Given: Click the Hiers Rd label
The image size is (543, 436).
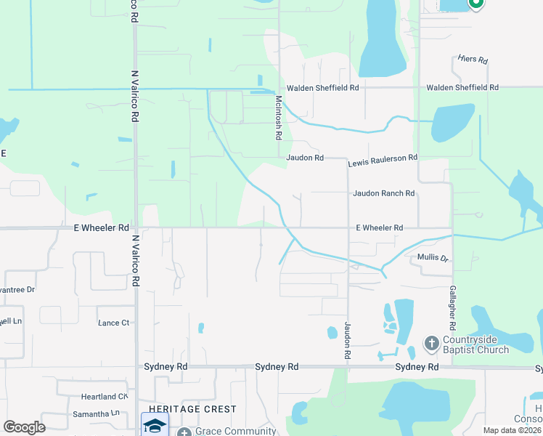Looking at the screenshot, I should [x=473, y=60].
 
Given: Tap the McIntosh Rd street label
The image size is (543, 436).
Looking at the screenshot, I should [x=277, y=117].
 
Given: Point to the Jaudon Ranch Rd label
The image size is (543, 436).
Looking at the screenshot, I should [x=383, y=193].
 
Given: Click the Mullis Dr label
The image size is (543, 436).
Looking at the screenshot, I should [x=433, y=258].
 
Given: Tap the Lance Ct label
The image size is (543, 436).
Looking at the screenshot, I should [x=114, y=322].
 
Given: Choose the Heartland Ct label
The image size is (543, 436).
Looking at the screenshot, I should [x=105, y=397].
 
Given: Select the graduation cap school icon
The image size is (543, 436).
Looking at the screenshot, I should [x=155, y=424].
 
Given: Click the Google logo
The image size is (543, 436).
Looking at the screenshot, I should [x=24, y=427].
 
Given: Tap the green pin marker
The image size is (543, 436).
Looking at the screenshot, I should [x=476, y=4].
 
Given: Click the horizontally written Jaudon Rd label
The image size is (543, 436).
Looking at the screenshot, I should [x=304, y=158].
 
